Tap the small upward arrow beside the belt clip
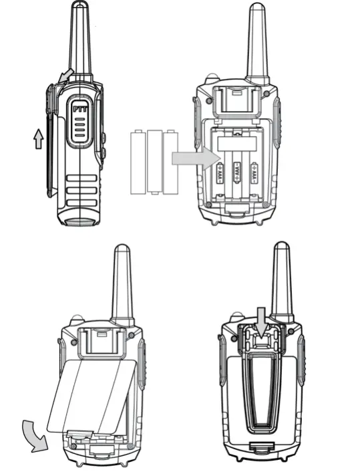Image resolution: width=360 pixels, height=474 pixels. coord(39,138)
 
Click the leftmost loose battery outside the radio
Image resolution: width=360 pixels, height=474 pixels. coord(139,162)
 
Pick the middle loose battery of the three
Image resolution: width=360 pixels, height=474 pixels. coord(155,162)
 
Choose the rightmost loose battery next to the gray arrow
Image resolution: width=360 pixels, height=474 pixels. coord(171,162)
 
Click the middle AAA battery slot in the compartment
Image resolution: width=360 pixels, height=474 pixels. coord(236,175)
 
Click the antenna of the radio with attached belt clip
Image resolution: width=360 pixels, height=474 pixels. coord(281,281)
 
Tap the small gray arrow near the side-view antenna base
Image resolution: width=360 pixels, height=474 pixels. coord(65,76)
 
